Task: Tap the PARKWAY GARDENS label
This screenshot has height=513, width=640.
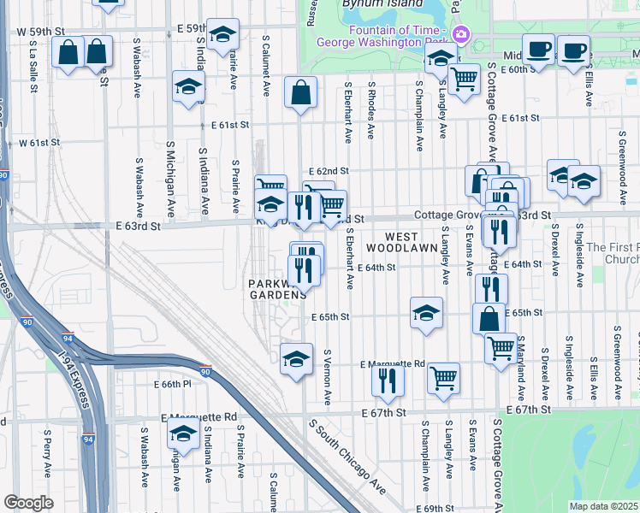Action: pos(277,289)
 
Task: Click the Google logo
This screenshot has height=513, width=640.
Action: pos(28,502)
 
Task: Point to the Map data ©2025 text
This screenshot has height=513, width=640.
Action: pos(604,506)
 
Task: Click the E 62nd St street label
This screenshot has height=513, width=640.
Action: pos(329,171)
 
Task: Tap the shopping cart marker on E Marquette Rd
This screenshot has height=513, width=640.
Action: pos(443,377)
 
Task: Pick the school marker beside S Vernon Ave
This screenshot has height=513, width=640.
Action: pos(296,357)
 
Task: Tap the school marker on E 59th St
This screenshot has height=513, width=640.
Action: pos(222,33)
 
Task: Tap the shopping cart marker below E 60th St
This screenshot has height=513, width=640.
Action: pos(464,79)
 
